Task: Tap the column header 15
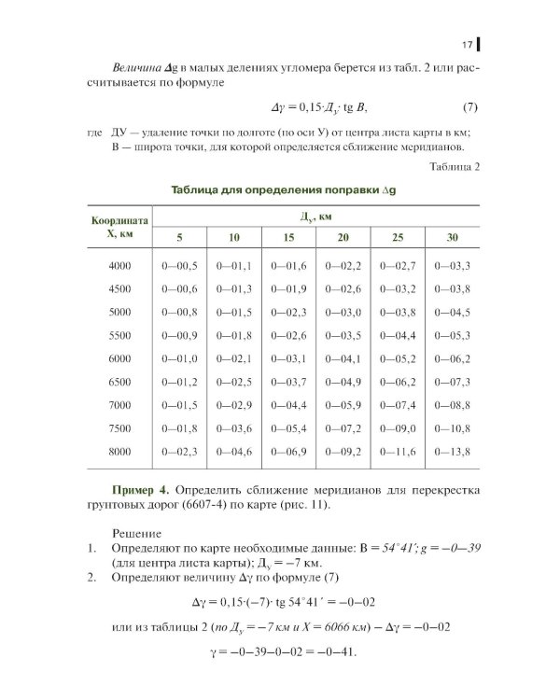(288, 237)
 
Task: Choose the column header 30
(452, 237)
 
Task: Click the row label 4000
(119, 267)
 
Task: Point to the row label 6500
(119, 382)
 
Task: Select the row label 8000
(119, 452)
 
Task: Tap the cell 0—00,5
(180, 267)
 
